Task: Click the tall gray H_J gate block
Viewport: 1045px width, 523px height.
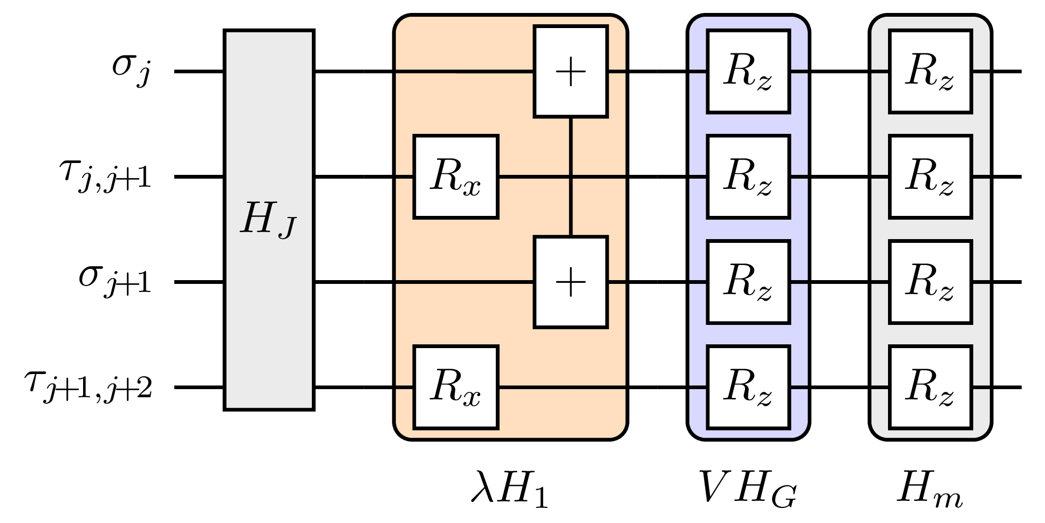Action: (x=269, y=220)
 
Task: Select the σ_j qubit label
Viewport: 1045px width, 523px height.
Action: (x=131, y=71)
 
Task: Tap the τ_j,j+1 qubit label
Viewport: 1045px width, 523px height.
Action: (x=105, y=176)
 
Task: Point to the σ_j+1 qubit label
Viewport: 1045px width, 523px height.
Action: (x=115, y=282)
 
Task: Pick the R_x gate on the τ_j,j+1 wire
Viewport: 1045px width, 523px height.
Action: (x=455, y=176)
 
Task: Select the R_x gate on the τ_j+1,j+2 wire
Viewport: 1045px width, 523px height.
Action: (x=455, y=387)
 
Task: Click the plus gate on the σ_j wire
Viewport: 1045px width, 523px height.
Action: (x=570, y=71)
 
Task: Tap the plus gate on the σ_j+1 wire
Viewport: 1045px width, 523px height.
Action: (x=570, y=282)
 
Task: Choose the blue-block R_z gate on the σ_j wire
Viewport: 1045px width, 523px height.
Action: (x=748, y=71)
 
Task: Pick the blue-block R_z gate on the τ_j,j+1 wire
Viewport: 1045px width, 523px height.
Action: (x=748, y=176)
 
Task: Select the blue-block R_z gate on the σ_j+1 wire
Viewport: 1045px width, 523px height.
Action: (x=748, y=282)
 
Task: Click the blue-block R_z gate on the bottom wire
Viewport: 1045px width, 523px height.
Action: (x=748, y=387)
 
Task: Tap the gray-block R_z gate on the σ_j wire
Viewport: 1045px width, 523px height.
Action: (x=930, y=71)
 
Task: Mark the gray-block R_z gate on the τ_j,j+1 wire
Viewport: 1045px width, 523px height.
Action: (x=930, y=176)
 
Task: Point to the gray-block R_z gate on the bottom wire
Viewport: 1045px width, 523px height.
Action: (x=930, y=387)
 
